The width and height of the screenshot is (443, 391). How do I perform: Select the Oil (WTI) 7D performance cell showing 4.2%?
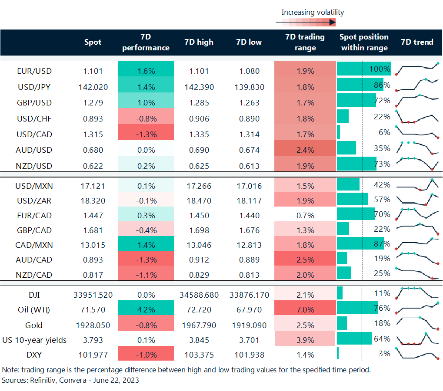pyautogui.click(x=146, y=310)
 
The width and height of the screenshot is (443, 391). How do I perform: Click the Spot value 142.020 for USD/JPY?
pyautogui.click(x=93, y=87)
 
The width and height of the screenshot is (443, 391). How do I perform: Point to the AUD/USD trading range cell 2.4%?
pyautogui.click(x=305, y=150)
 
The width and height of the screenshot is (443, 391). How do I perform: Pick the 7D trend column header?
pyautogui.click(x=417, y=42)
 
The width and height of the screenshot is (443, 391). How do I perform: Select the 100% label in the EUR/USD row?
pyautogui.click(x=381, y=69)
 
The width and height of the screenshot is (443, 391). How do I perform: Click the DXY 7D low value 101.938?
pyautogui.click(x=248, y=355)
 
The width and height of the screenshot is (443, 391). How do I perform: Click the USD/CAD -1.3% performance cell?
pyautogui.click(x=146, y=134)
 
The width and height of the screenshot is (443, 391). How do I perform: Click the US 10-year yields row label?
pyautogui.click(x=35, y=340)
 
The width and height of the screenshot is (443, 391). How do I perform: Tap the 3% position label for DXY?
pyautogui.click(x=384, y=353)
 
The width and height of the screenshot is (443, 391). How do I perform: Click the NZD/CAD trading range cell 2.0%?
pyautogui.click(x=305, y=275)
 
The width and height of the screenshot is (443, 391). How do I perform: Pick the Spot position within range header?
pyautogui.click(x=364, y=42)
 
